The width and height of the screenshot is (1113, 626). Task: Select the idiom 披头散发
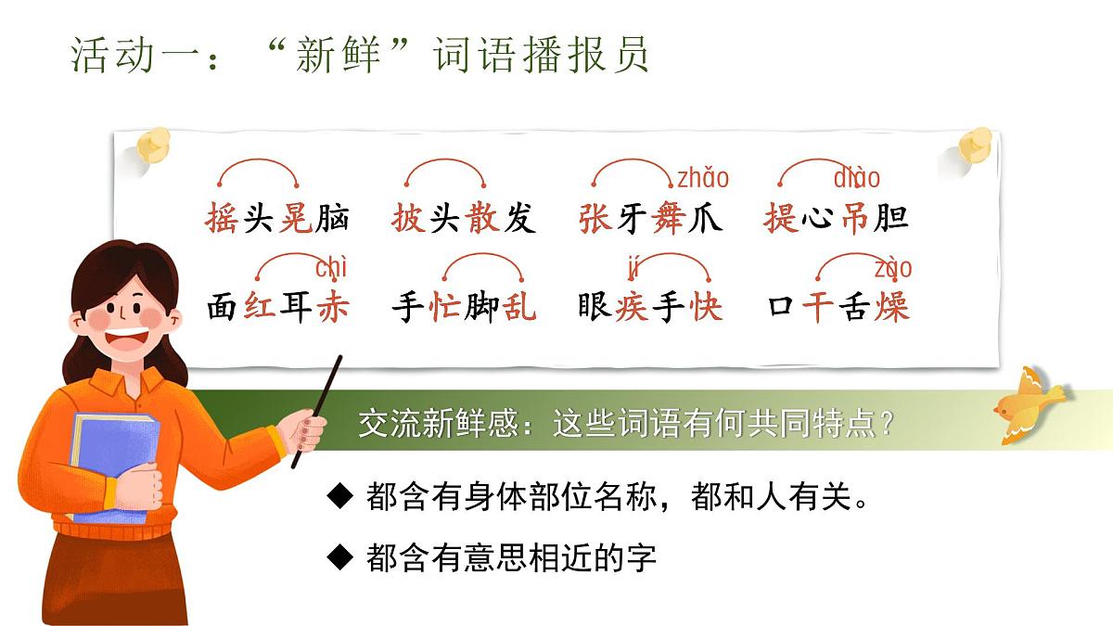pos(464,219)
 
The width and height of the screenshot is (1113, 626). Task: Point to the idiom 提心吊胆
pos(836,219)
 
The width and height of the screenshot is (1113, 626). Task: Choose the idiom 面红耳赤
pos(277,306)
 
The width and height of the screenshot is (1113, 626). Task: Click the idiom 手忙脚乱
pos(464,306)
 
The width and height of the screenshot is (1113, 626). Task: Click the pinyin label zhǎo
pos(703,178)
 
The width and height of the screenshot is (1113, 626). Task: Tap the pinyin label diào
pos(857,178)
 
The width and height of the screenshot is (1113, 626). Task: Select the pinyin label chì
pos(331,269)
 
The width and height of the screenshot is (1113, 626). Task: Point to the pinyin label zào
pos(893,269)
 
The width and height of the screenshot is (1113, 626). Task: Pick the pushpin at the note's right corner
pos(974,146)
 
